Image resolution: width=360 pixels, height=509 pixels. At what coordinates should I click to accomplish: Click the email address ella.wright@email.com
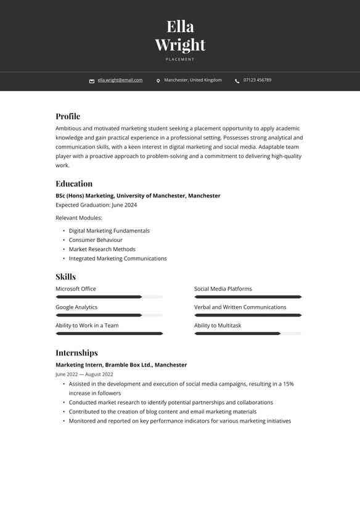pyautogui.click(x=120, y=80)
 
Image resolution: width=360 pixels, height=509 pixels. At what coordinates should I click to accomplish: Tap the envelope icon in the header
pyautogui.click(x=92, y=81)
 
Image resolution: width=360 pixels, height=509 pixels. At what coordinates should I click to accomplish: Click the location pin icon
pyautogui.click(x=158, y=81)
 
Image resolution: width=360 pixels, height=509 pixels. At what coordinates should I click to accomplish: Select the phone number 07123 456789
pyautogui.click(x=257, y=80)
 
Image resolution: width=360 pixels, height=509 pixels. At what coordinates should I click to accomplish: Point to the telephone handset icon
pyautogui.click(x=237, y=81)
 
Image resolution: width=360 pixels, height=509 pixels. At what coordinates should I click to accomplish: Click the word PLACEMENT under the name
pyautogui.click(x=180, y=59)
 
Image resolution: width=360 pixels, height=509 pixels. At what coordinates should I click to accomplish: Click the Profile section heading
pyautogui.click(x=68, y=116)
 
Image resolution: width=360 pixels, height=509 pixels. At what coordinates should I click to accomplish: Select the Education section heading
pyautogui.click(x=74, y=183)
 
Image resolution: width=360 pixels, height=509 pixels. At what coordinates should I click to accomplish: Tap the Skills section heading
pyautogui.click(x=65, y=276)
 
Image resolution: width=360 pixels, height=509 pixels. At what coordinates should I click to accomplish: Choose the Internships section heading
pyautogui.click(x=76, y=352)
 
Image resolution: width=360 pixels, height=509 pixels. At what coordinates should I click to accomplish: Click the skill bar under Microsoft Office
pyautogui.click(x=109, y=297)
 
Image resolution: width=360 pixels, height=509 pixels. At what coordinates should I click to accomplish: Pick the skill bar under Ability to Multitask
pyautogui.click(x=248, y=334)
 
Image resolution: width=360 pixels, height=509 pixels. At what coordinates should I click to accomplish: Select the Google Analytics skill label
pyautogui.click(x=76, y=307)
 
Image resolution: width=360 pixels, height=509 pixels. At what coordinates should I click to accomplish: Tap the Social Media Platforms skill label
pyautogui.click(x=223, y=289)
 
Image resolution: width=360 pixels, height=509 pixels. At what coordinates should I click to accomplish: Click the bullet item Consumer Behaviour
pyautogui.click(x=96, y=240)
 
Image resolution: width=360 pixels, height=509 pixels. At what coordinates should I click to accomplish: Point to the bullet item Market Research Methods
pyautogui.click(x=102, y=249)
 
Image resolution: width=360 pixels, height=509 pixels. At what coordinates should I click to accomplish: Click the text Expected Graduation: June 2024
pyautogui.click(x=96, y=205)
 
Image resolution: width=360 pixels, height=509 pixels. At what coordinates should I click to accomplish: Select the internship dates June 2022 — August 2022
pyautogui.click(x=84, y=374)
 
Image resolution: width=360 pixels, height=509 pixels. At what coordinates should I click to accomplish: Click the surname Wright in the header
pyautogui.click(x=180, y=45)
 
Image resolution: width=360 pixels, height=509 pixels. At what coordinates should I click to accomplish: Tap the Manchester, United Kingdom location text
pyautogui.click(x=193, y=80)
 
